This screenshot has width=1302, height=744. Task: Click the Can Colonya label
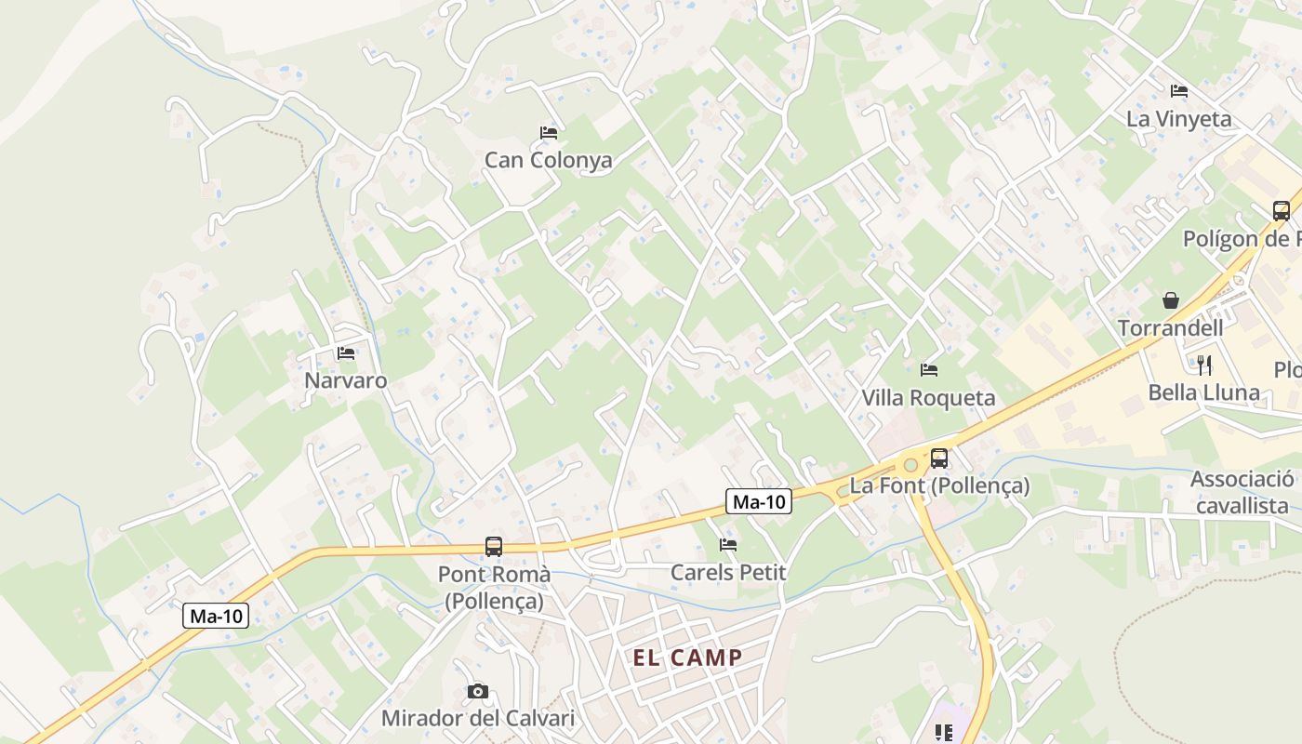(548, 160)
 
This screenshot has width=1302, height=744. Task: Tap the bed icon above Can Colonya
(549, 133)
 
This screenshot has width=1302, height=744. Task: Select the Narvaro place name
(346, 380)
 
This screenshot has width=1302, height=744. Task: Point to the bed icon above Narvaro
(346, 353)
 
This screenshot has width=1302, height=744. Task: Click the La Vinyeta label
(1178, 119)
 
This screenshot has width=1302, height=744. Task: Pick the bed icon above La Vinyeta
(1179, 91)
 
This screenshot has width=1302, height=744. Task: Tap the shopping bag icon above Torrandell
(1171, 300)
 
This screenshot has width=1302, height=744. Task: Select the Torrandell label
(1170, 328)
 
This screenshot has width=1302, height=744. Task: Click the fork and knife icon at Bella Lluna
(1204, 365)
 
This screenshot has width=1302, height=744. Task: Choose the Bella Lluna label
(1204, 392)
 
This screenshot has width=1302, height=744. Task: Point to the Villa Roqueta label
(928, 398)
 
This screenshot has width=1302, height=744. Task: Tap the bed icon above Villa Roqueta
(928, 370)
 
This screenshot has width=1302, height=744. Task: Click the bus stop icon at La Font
(939, 458)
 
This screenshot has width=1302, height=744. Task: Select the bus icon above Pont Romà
(494, 547)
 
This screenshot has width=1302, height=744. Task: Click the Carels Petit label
(728, 572)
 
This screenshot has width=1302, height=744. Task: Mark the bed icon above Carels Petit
(728, 545)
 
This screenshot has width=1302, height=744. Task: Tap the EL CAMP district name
(688, 658)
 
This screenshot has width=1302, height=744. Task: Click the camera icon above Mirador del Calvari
(477, 691)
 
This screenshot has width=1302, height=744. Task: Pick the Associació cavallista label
(1242, 493)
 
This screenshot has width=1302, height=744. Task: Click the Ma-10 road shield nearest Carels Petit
(759, 502)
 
